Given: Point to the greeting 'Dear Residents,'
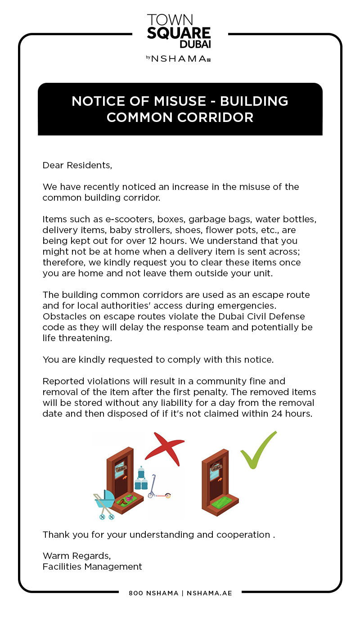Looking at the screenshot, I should click(77, 165).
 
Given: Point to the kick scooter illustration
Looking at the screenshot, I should click(158, 488).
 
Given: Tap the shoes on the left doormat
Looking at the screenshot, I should click(126, 499).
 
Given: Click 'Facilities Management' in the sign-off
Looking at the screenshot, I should click(92, 567).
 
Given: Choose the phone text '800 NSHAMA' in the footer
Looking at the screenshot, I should click(153, 593).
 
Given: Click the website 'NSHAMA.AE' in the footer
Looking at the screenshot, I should click(209, 593).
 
